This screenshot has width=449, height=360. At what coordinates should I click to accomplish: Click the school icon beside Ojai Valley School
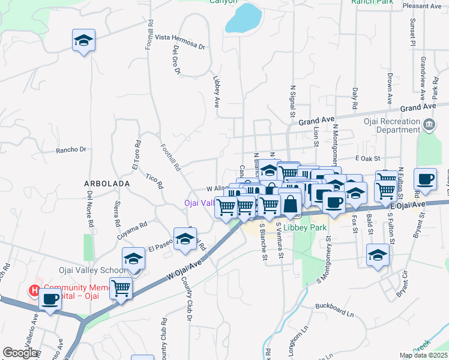tap(133, 259)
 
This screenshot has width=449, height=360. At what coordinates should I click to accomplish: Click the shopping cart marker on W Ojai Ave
tap(121, 289)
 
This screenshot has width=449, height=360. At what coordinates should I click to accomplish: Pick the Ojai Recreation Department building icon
tap(429, 125)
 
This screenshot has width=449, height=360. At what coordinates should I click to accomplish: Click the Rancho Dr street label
tap(71, 149)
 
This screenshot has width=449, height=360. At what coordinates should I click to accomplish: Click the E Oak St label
tap(369, 158)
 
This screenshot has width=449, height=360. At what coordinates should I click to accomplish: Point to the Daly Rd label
tap(355, 98)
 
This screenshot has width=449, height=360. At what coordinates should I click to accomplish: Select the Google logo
tap(20, 353)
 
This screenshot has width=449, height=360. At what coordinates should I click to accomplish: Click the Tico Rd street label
tap(154, 181)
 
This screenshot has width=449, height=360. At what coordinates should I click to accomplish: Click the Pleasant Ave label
tap(423, 6)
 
